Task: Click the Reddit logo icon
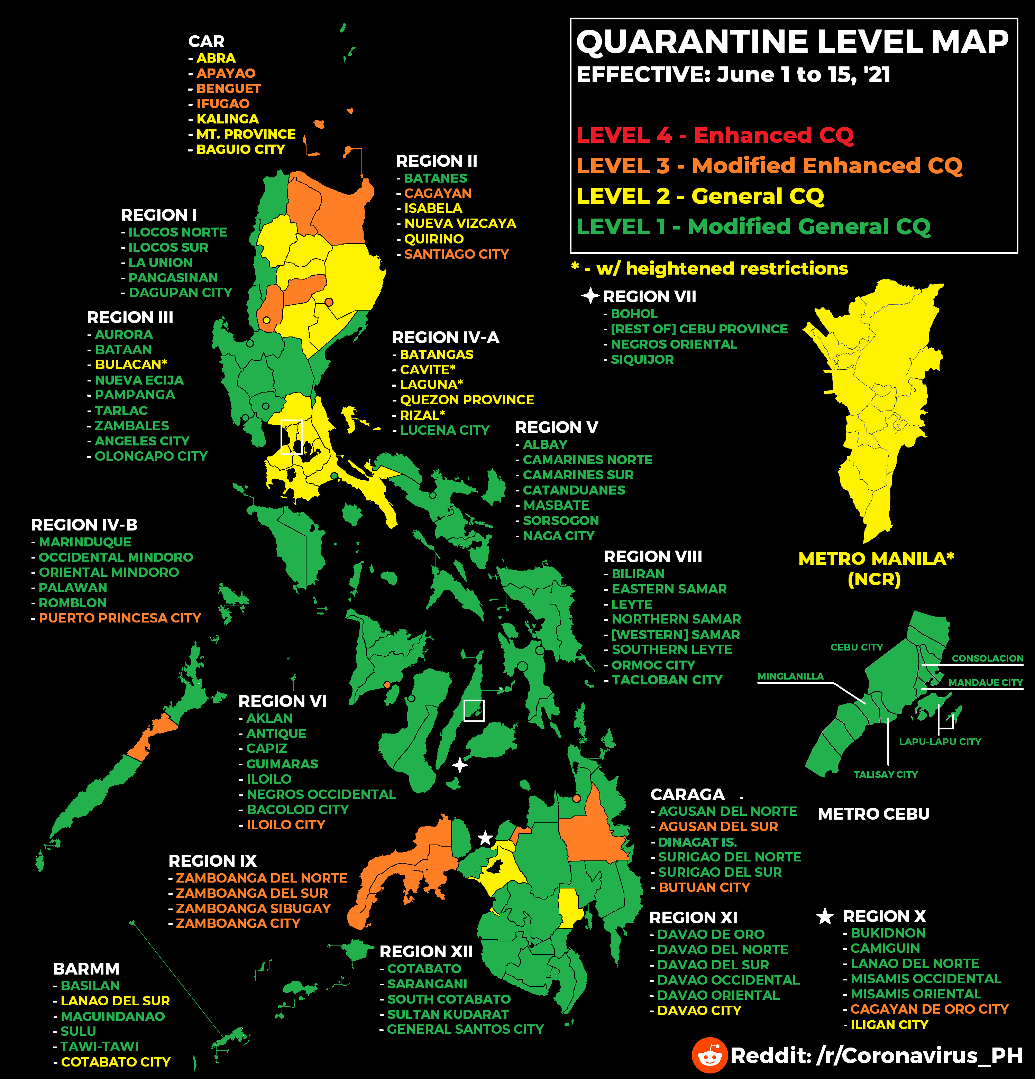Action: coord(709,1055)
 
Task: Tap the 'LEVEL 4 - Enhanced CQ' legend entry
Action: coord(715,135)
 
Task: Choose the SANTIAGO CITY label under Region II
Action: coord(456,254)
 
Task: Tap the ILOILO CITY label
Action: coord(286,825)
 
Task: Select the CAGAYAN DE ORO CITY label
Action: coord(929,1009)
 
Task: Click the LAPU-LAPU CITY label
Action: coord(940,741)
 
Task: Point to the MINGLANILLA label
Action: coord(790,676)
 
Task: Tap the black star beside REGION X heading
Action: coord(825,916)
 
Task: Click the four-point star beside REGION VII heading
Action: coord(590,296)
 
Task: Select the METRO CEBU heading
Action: coord(874,814)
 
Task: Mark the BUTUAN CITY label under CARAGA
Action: coord(704,887)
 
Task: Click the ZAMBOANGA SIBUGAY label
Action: coord(253,909)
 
